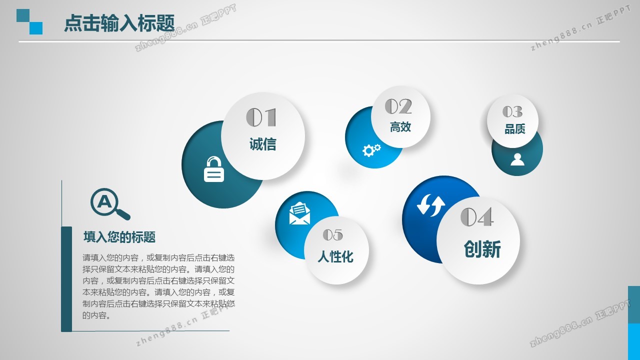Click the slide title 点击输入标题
(119, 23)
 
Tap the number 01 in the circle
(261, 117)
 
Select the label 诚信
(263, 144)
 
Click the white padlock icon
(213, 169)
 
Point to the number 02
(398, 106)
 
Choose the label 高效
(400, 127)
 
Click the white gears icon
(371, 150)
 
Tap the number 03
(512, 111)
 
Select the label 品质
(515, 129)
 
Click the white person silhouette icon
(517, 159)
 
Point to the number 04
(476, 217)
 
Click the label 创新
(482, 249)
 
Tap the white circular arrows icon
(431, 205)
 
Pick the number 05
(333, 235)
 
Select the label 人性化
(335, 256)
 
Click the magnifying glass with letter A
(110, 204)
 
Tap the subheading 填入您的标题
(119, 237)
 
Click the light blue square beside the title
(36, 28)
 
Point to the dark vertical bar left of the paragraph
(66, 279)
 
